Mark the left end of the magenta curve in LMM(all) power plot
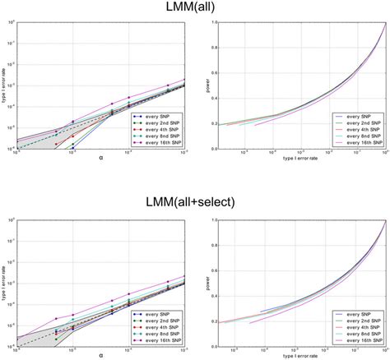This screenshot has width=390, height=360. (x=257, y=126)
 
